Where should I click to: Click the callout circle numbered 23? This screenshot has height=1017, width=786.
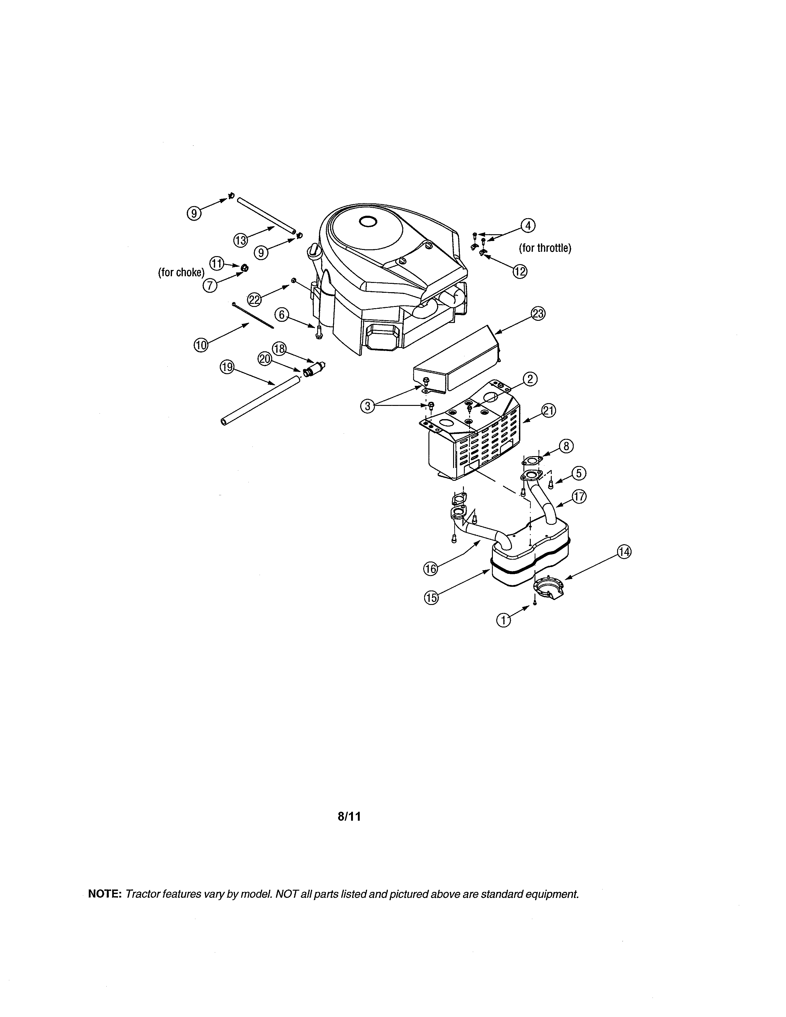tap(538, 314)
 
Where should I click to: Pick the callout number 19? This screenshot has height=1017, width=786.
tap(227, 367)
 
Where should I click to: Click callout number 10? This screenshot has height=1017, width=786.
tap(201, 345)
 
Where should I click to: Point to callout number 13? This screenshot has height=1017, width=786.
tap(240, 240)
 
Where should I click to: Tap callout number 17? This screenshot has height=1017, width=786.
tap(579, 496)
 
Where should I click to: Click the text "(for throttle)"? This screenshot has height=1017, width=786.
tap(545, 248)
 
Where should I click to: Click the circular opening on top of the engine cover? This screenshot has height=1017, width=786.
tap(368, 222)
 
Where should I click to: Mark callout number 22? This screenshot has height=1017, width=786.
tap(254, 300)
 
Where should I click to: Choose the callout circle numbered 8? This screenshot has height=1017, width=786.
tap(566, 446)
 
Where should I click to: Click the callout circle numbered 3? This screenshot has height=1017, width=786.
tap(368, 406)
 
